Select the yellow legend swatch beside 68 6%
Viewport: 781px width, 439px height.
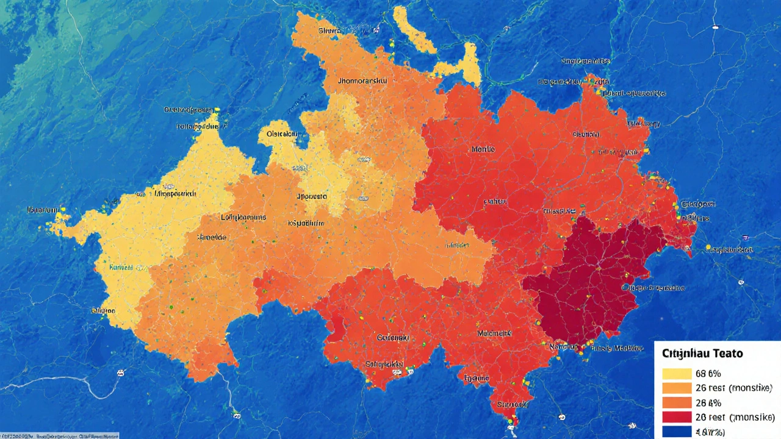point(676,374)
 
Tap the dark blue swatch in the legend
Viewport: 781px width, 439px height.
point(676,432)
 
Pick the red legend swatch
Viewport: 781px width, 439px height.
point(676,417)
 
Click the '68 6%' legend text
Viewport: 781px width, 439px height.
point(708,374)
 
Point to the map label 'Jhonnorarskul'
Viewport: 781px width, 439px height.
point(366,80)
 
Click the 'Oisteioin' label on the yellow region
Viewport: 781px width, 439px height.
point(281,134)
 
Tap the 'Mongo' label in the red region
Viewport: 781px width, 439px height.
point(483,149)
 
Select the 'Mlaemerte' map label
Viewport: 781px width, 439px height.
point(494,334)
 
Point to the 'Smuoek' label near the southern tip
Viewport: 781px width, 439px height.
point(511,404)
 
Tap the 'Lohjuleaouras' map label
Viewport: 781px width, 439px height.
point(243,217)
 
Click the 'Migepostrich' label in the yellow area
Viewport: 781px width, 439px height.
point(175,193)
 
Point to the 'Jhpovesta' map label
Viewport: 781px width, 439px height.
point(311,197)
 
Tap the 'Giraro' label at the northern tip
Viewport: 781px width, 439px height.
point(330,30)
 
